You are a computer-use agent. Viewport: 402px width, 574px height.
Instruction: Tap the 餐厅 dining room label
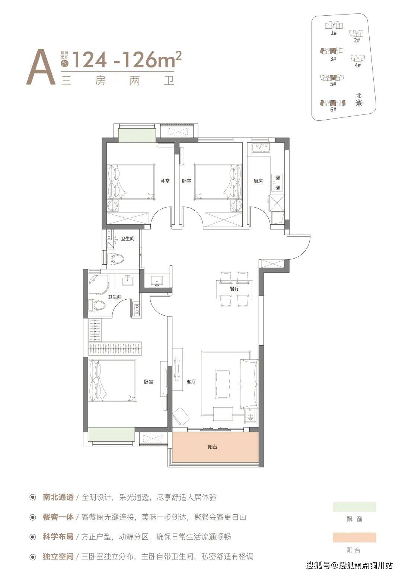pos(234,289)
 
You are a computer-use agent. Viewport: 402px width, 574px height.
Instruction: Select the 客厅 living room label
pos(191,382)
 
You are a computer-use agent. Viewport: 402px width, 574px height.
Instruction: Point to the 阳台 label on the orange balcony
pos(213,447)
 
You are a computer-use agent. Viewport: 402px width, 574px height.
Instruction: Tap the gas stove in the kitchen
pos(277,183)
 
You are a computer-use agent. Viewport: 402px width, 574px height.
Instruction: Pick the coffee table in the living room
pos(222,384)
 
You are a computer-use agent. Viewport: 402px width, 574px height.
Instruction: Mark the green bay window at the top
pos(137,136)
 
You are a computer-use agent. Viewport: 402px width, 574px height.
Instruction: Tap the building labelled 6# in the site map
pos(332,103)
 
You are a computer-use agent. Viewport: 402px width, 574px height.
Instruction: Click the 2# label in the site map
pos(357,40)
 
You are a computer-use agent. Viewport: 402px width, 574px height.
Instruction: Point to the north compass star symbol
pos(359,103)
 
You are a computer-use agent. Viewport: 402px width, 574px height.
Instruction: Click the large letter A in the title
pos(41,67)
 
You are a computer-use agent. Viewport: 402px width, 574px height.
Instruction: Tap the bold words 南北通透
pos(58,497)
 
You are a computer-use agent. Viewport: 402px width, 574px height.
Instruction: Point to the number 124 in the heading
pos(90,60)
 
